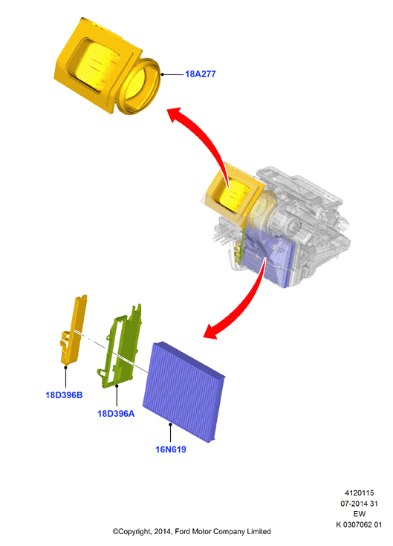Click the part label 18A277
pyautogui.click(x=200, y=74)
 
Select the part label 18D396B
pyautogui.click(x=64, y=395)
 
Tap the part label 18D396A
pyautogui.click(x=116, y=413)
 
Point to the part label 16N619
pyautogui.click(x=171, y=449)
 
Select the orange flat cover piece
pyautogui.click(x=73, y=331)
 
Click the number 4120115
pyautogui.click(x=360, y=493)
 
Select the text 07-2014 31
pyautogui.click(x=360, y=504)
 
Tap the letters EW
pyautogui.click(x=360, y=514)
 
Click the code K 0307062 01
pyautogui.click(x=359, y=524)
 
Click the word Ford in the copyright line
pyautogui.click(x=182, y=531)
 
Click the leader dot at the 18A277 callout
pyautogui.click(x=162, y=74)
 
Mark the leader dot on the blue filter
pyautogui.click(x=170, y=424)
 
